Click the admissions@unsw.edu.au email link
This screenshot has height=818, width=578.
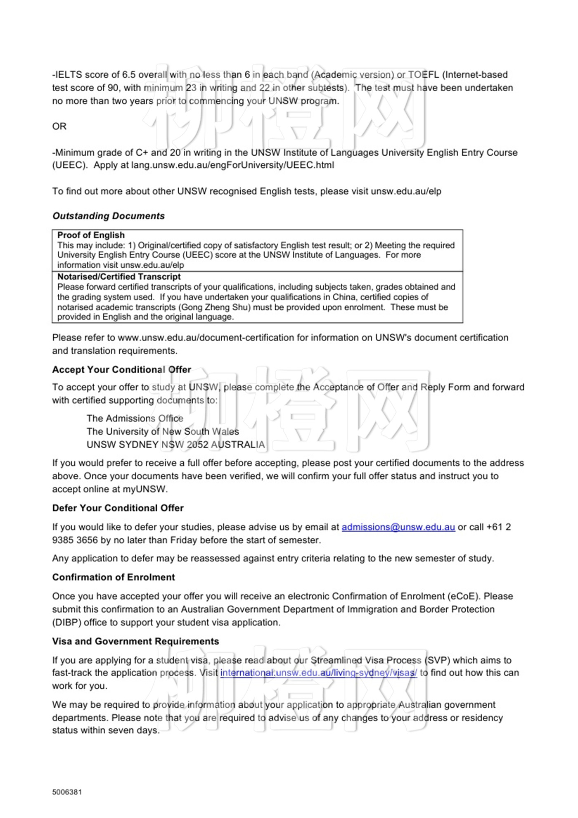(398, 527)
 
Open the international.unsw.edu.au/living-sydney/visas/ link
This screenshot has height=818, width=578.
(318, 673)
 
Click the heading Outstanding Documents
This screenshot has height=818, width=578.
(108, 216)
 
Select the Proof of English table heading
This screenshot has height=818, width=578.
(91, 235)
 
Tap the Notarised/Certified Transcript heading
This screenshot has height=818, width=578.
(119, 276)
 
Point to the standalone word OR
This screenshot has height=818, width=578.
(59, 126)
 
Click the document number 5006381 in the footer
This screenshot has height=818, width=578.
(67, 792)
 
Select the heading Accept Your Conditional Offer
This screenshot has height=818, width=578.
(121, 369)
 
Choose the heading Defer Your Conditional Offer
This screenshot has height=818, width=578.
(118, 508)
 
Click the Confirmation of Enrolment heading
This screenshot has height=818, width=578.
(114, 577)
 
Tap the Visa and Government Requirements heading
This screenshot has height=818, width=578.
(135, 641)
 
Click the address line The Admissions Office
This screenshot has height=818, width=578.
(135, 419)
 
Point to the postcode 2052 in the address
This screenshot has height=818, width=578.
(197, 445)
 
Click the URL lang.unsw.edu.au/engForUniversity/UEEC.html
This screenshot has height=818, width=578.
(232, 165)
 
